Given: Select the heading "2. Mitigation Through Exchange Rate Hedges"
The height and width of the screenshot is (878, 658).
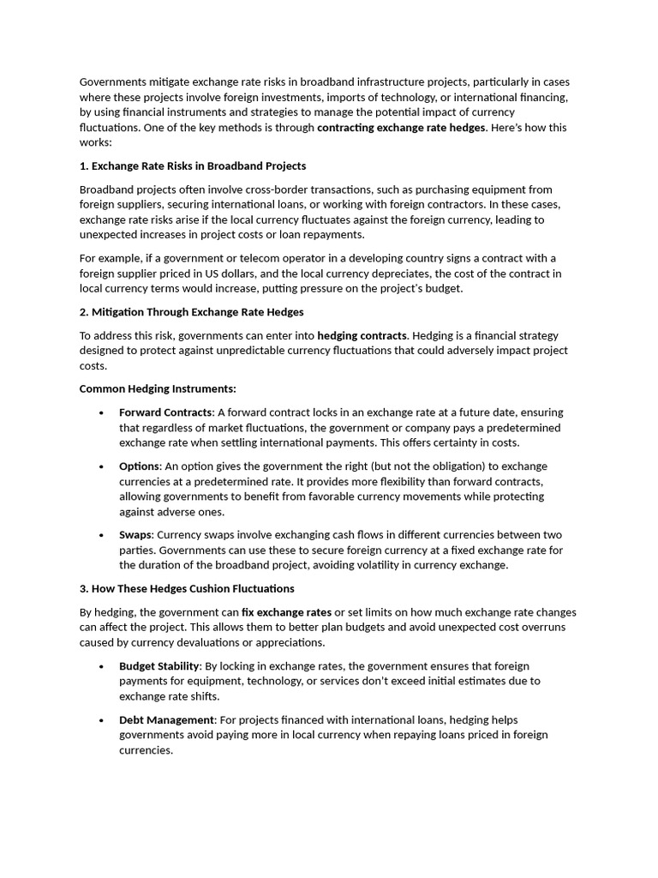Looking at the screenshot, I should (x=191, y=312).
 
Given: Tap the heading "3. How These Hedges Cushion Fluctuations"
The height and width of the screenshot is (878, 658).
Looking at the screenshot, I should (x=187, y=589).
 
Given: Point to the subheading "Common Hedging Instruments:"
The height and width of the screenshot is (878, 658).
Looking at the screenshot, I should (x=158, y=388).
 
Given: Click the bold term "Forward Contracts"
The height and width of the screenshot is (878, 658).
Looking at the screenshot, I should (x=165, y=412).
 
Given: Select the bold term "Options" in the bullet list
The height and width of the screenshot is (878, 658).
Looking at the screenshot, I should (x=140, y=466).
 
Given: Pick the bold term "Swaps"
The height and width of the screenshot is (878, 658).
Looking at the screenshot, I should (x=136, y=535).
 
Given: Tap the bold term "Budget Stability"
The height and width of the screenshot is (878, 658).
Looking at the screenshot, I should (x=159, y=666).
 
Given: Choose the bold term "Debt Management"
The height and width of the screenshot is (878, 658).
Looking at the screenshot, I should (x=165, y=720).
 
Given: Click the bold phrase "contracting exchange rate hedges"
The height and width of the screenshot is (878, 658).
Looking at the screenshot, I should (x=401, y=128).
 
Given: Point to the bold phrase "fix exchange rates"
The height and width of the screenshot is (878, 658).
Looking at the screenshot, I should (x=286, y=613).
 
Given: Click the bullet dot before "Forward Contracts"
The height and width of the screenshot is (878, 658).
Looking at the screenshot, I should (x=101, y=413).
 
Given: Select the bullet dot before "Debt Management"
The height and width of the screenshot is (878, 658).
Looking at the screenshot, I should (x=101, y=721).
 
